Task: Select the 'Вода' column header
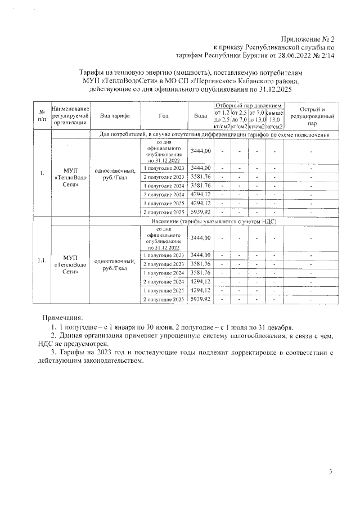(x=200, y=115)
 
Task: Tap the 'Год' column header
(x=164, y=115)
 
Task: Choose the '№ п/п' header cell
(x=42, y=115)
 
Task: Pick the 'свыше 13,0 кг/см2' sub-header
(x=274, y=119)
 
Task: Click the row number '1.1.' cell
(x=42, y=260)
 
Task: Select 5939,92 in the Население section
(x=200, y=299)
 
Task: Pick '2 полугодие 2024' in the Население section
(x=164, y=281)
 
